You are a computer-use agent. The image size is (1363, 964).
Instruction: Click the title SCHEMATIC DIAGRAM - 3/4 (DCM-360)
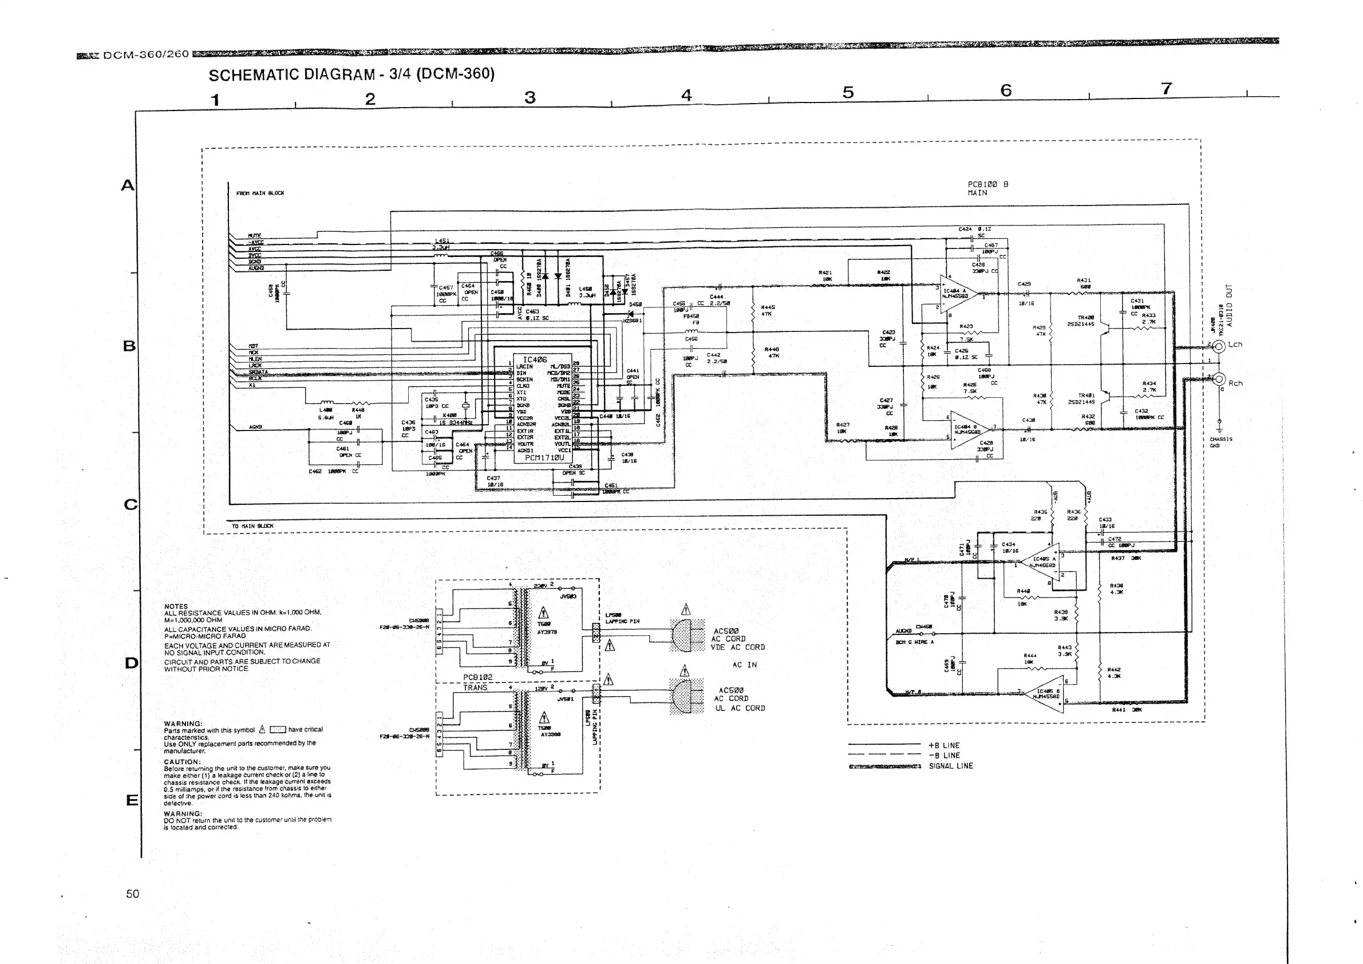click(x=351, y=74)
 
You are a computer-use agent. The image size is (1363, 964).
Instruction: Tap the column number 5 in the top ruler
click(x=848, y=92)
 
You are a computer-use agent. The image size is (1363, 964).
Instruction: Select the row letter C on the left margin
click(x=131, y=504)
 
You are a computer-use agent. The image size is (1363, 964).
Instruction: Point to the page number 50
click(x=132, y=894)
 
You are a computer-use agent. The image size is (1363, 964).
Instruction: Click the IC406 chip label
click(x=534, y=359)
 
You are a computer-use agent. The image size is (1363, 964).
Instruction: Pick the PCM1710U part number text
click(x=544, y=457)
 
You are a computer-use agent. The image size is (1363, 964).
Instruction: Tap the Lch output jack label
click(x=1235, y=344)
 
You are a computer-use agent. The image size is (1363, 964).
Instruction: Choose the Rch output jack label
click(x=1235, y=384)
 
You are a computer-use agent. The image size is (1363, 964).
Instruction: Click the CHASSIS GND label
click(x=1220, y=443)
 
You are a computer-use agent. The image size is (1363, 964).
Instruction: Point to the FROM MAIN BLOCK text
click(x=260, y=193)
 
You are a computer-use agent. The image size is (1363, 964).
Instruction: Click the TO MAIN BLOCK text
click(x=252, y=526)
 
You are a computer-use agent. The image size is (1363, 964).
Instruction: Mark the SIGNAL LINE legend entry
click(x=950, y=766)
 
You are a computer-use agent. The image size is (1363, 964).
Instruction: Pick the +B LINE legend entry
click(x=943, y=745)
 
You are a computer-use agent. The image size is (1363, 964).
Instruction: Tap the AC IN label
click(x=744, y=665)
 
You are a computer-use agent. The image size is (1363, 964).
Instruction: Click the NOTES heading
click(x=176, y=606)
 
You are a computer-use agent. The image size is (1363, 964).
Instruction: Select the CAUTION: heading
click(x=182, y=761)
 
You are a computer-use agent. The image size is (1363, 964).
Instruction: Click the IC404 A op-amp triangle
click(x=957, y=293)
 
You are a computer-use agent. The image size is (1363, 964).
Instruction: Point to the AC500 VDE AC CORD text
click(x=737, y=639)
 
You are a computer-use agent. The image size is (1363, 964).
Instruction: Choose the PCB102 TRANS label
click(x=477, y=682)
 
